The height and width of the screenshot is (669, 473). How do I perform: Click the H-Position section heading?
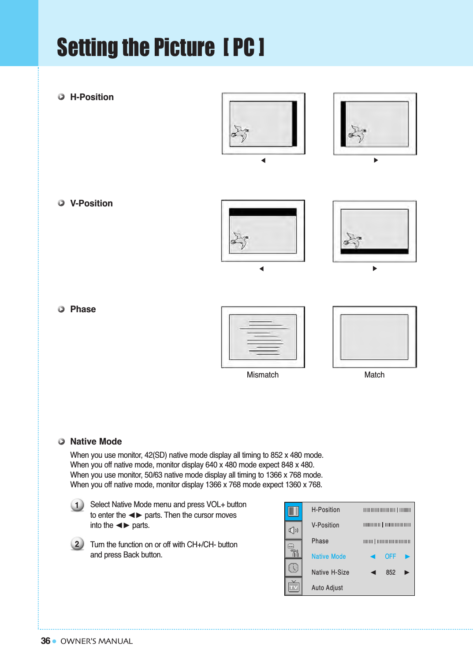tap(92, 97)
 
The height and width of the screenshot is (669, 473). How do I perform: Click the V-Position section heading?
tap(91, 203)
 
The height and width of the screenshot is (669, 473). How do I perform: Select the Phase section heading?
tap(83, 309)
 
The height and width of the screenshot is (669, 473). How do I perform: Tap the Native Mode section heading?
tap(96, 441)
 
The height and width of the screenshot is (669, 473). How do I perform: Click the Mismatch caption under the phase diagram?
tap(262, 375)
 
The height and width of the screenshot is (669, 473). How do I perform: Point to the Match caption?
tap(374, 375)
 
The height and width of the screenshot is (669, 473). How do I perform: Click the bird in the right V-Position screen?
tap(353, 240)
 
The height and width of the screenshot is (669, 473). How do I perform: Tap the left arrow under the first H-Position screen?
tap(263, 161)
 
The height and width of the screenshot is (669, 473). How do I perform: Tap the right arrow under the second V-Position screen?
tap(375, 269)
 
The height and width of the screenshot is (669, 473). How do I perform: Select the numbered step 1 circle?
tap(77, 505)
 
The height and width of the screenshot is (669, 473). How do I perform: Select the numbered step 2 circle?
tap(77, 544)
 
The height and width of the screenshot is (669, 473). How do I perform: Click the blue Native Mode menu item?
tap(328, 557)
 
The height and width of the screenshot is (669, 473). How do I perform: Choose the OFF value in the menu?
tap(390, 557)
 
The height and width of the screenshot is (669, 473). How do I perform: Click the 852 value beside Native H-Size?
tap(391, 572)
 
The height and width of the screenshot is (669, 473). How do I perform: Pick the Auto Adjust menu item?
tap(327, 588)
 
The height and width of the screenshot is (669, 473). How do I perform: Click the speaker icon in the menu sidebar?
tap(294, 531)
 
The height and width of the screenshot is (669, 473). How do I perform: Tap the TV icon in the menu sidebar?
tap(294, 587)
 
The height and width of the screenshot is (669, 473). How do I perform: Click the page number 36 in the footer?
tap(45, 641)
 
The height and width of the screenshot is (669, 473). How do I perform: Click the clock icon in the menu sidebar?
tap(294, 568)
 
